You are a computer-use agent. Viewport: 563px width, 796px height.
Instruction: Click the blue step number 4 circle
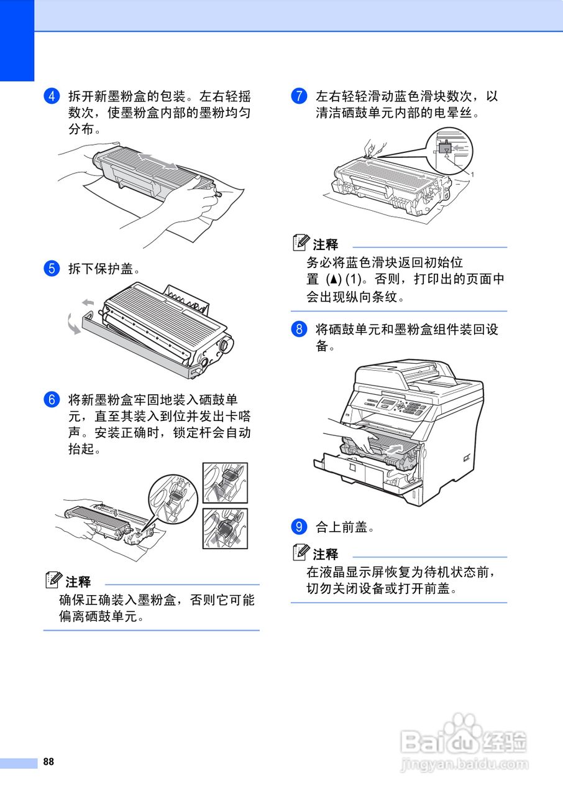pos(51,96)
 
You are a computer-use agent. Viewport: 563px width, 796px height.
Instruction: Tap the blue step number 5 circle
pos(51,269)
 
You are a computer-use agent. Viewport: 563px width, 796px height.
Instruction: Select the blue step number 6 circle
pos(51,399)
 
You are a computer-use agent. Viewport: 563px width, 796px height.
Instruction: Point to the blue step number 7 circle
pos(299,96)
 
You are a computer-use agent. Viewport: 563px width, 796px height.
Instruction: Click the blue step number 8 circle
pos(299,329)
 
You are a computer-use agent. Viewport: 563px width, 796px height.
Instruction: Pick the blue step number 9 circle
pos(299,527)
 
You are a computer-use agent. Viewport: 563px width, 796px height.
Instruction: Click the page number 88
pos(49,762)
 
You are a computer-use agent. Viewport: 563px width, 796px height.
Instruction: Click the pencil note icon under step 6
pos(55,581)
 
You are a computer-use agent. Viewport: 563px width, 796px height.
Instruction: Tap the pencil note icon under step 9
pos(302,553)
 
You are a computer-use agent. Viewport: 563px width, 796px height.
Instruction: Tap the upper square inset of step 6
pos(225,483)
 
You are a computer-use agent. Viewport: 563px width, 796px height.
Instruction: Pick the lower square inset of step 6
pos(225,528)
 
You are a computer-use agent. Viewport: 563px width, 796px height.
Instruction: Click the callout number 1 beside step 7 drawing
pos(472,175)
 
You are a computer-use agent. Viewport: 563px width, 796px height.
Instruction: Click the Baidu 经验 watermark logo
pos(464,743)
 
